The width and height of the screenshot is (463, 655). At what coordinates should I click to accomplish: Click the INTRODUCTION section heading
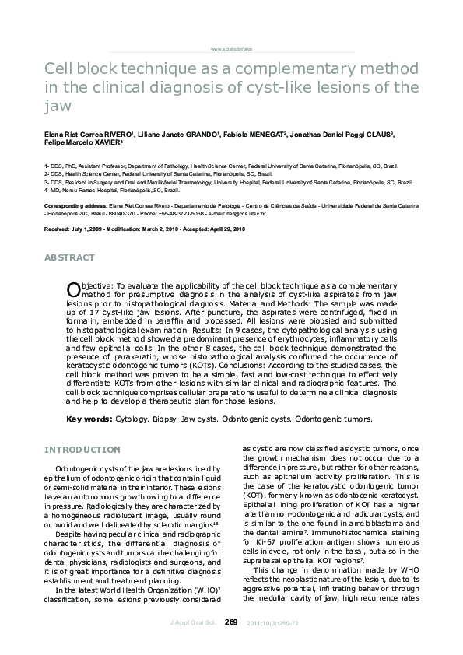[x=82, y=450]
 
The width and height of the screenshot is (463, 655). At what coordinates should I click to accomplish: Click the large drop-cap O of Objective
[x=74, y=289]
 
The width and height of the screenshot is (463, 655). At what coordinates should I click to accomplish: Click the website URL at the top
[x=231, y=48]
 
